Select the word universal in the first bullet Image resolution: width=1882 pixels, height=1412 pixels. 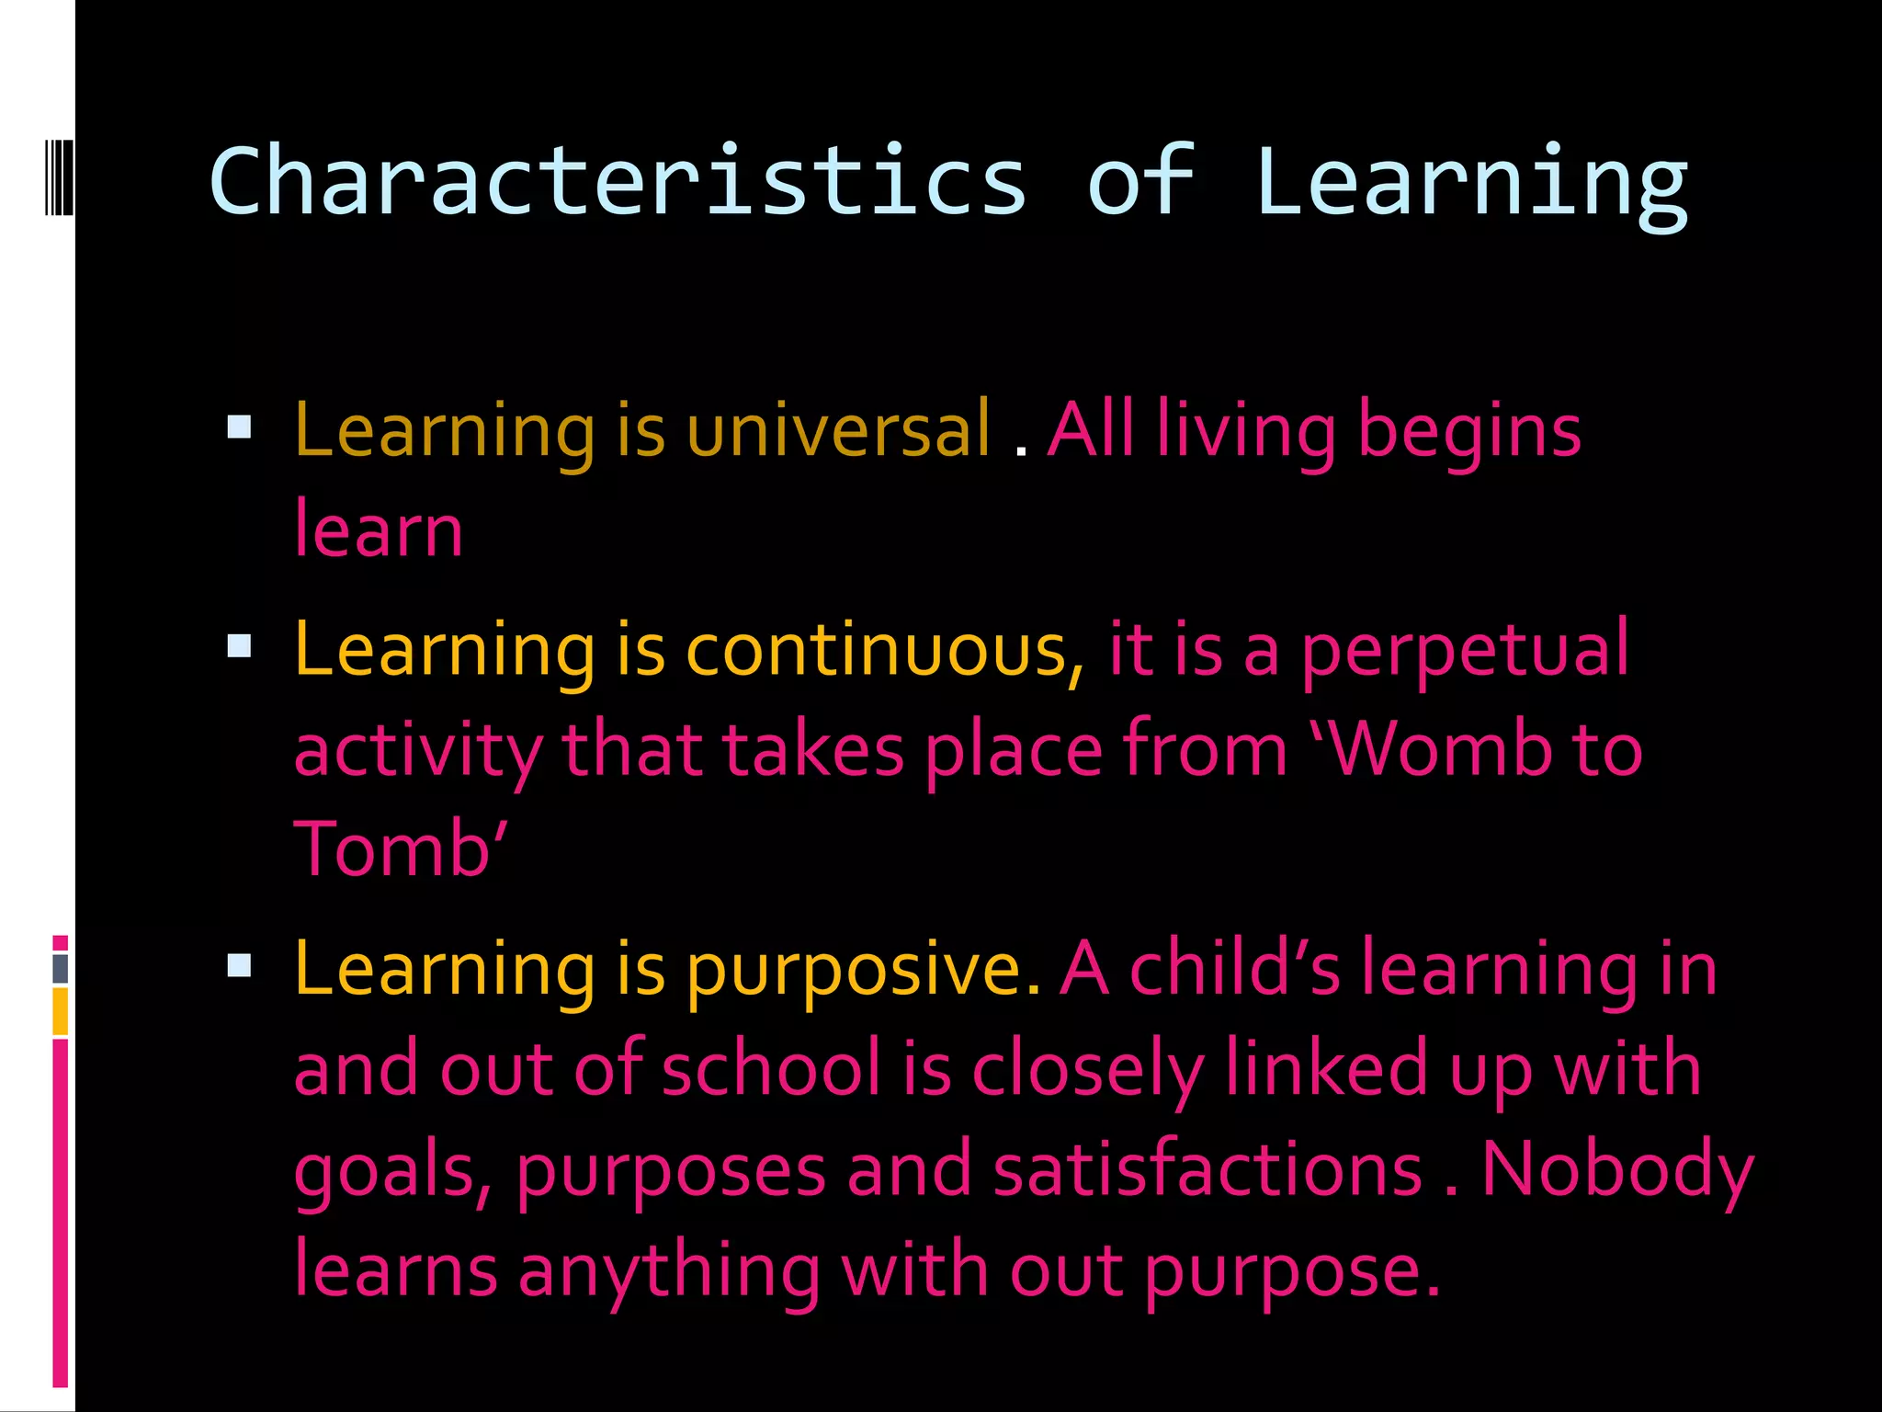tap(839, 430)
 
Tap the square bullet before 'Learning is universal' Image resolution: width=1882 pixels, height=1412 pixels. tap(239, 427)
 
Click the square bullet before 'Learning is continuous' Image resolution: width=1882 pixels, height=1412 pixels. tap(239, 646)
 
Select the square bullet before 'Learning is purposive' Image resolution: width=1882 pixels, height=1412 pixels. tap(239, 965)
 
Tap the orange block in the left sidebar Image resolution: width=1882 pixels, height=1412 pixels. tap(60, 1011)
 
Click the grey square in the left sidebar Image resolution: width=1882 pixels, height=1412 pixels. tap(60, 968)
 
